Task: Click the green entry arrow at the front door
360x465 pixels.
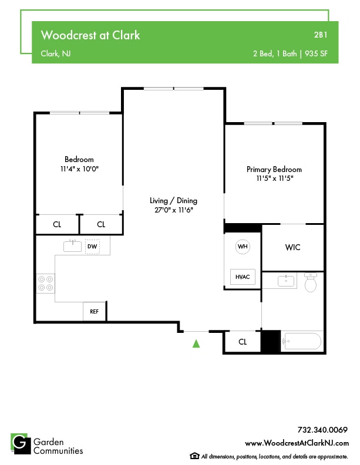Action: (x=196, y=343)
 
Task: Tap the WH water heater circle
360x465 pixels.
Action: (x=243, y=247)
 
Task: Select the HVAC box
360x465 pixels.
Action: (x=243, y=277)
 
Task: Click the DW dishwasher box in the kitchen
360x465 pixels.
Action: (x=92, y=247)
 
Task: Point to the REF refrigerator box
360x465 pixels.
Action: (x=94, y=311)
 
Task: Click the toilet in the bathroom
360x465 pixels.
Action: (x=311, y=284)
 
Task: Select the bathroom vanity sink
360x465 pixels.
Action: (x=287, y=280)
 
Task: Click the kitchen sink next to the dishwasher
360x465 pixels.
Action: (x=73, y=245)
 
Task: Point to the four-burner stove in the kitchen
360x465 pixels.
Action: (x=45, y=283)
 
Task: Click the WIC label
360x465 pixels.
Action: (x=292, y=247)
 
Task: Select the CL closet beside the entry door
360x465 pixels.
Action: (x=243, y=342)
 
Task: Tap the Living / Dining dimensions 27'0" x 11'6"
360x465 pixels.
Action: (x=173, y=210)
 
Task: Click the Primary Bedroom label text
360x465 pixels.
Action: (x=274, y=169)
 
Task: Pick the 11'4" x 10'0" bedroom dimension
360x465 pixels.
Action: (x=79, y=169)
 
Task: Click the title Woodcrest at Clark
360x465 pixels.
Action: (x=90, y=35)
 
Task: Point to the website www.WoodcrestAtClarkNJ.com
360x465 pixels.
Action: (x=297, y=443)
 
